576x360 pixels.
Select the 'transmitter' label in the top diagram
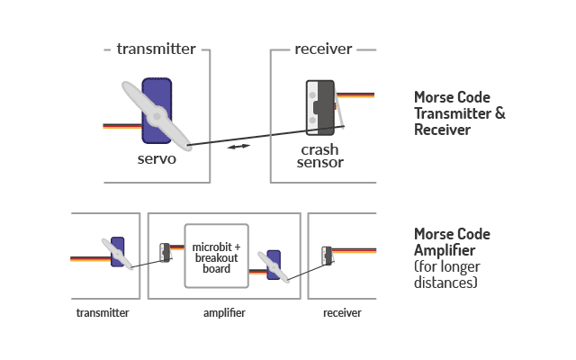[x=157, y=49]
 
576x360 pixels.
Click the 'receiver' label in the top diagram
[x=323, y=49]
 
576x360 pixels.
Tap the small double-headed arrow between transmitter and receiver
[x=238, y=146]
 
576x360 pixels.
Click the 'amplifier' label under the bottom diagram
[x=224, y=313]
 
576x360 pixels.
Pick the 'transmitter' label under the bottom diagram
[x=103, y=313]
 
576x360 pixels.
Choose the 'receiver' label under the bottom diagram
[x=342, y=313]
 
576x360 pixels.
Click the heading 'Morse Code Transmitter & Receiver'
[x=459, y=113]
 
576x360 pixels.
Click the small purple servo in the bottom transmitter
[x=117, y=252]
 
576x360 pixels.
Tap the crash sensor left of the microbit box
[x=166, y=253]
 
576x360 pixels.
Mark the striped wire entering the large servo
[x=122, y=125]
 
